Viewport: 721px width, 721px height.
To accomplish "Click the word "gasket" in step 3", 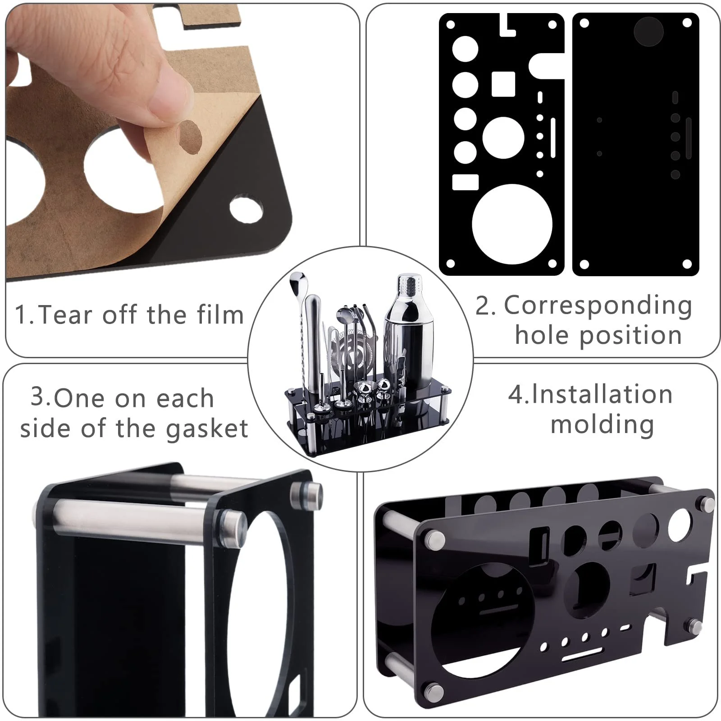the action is click(207, 429).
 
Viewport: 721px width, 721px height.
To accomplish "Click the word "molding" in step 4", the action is click(602, 424).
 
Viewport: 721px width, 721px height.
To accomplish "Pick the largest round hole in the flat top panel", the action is click(512, 224).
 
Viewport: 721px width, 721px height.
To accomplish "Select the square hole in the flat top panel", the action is click(503, 84).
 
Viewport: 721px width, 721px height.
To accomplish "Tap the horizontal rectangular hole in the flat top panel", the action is click(465, 182).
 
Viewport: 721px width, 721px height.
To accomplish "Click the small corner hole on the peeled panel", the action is click(246, 208).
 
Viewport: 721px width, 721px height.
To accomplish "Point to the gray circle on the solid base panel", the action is click(648, 32).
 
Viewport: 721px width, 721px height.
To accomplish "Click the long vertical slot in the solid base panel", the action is click(689, 138).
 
